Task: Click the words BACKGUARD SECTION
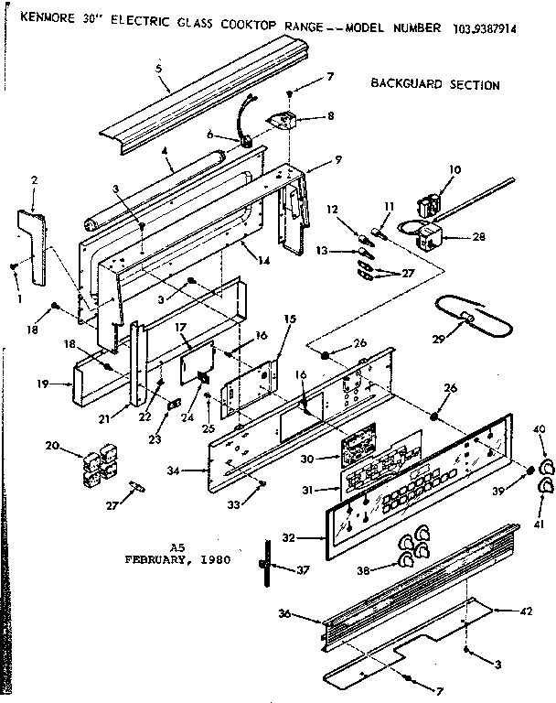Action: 434,85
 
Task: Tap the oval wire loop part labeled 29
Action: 466,316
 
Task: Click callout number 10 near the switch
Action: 454,170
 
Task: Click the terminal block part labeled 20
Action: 96,457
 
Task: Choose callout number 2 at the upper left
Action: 34,180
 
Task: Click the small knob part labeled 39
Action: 529,470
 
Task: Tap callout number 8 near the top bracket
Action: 329,116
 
